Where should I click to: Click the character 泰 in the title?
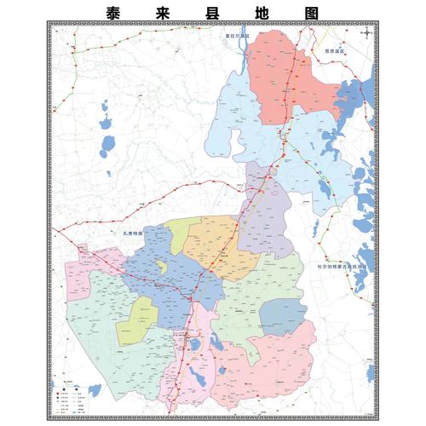pos(116,14)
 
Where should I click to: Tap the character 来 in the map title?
pos(164,14)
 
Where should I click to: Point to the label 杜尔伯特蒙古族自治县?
pos(344,264)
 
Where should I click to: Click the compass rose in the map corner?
pos(365,34)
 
